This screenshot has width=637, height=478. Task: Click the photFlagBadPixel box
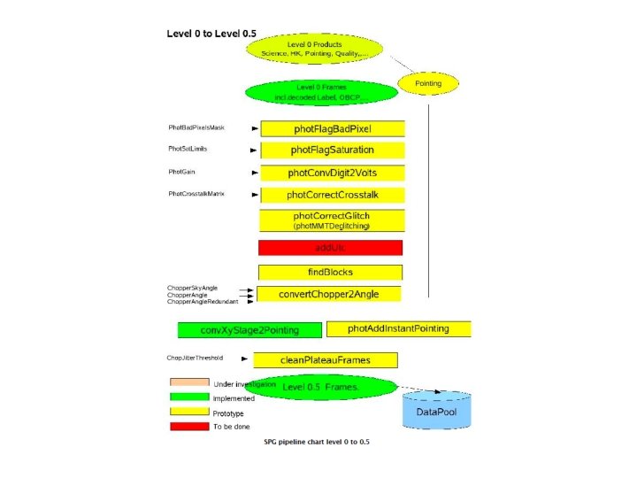coord(332,128)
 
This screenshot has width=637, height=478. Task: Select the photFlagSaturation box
coord(332,150)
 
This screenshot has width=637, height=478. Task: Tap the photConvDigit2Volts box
coord(332,173)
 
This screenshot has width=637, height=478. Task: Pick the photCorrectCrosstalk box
coord(332,195)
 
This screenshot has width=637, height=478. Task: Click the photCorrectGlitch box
coord(332,220)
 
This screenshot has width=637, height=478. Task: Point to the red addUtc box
coord(330,247)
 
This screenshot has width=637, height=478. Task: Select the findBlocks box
coord(330,273)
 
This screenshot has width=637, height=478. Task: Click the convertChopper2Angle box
coord(327,294)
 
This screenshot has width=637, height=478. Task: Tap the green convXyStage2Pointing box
coord(249,330)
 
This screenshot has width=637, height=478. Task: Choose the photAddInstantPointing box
coord(398,328)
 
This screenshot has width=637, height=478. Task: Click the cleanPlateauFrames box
coord(325,359)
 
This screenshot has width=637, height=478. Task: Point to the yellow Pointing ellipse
coord(427,84)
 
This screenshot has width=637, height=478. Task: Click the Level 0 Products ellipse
coord(314,49)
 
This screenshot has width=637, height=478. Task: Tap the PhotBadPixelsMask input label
coord(196,128)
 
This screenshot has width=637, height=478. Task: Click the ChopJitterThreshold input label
coord(195,358)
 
